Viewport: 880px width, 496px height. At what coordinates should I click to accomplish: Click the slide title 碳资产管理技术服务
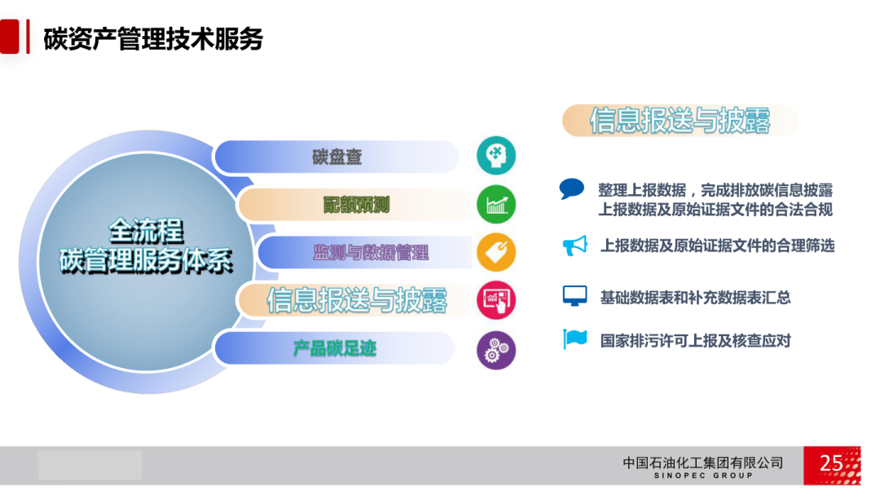(153, 39)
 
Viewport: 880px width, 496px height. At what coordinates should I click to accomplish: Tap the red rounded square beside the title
(10, 37)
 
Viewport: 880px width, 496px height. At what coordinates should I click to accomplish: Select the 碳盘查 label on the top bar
(337, 157)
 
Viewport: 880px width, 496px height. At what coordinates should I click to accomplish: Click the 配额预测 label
(356, 205)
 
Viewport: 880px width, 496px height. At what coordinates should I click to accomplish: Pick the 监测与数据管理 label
(371, 253)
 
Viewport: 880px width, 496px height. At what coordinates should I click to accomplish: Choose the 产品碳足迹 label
(335, 348)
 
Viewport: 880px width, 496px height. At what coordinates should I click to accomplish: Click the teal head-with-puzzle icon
(496, 156)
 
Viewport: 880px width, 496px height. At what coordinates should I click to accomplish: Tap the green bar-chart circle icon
(496, 205)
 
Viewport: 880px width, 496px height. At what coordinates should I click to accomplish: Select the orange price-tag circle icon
(496, 253)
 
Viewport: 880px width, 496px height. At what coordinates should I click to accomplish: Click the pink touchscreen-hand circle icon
(496, 300)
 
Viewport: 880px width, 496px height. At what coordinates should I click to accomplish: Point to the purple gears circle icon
(496, 350)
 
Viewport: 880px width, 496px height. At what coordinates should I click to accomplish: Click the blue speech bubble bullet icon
(571, 188)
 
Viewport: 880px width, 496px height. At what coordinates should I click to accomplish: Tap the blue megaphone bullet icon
(574, 246)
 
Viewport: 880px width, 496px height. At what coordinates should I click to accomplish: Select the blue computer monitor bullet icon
(574, 295)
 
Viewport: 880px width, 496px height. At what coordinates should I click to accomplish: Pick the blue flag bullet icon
(574, 339)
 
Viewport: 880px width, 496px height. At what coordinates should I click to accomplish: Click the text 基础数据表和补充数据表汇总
(695, 297)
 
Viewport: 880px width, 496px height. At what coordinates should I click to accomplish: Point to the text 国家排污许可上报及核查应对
(695, 340)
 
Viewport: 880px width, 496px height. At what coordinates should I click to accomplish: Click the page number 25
(830, 463)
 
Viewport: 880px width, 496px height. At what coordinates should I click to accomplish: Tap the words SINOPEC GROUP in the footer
(703, 476)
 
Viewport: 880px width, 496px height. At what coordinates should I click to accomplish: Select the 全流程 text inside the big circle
(146, 231)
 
